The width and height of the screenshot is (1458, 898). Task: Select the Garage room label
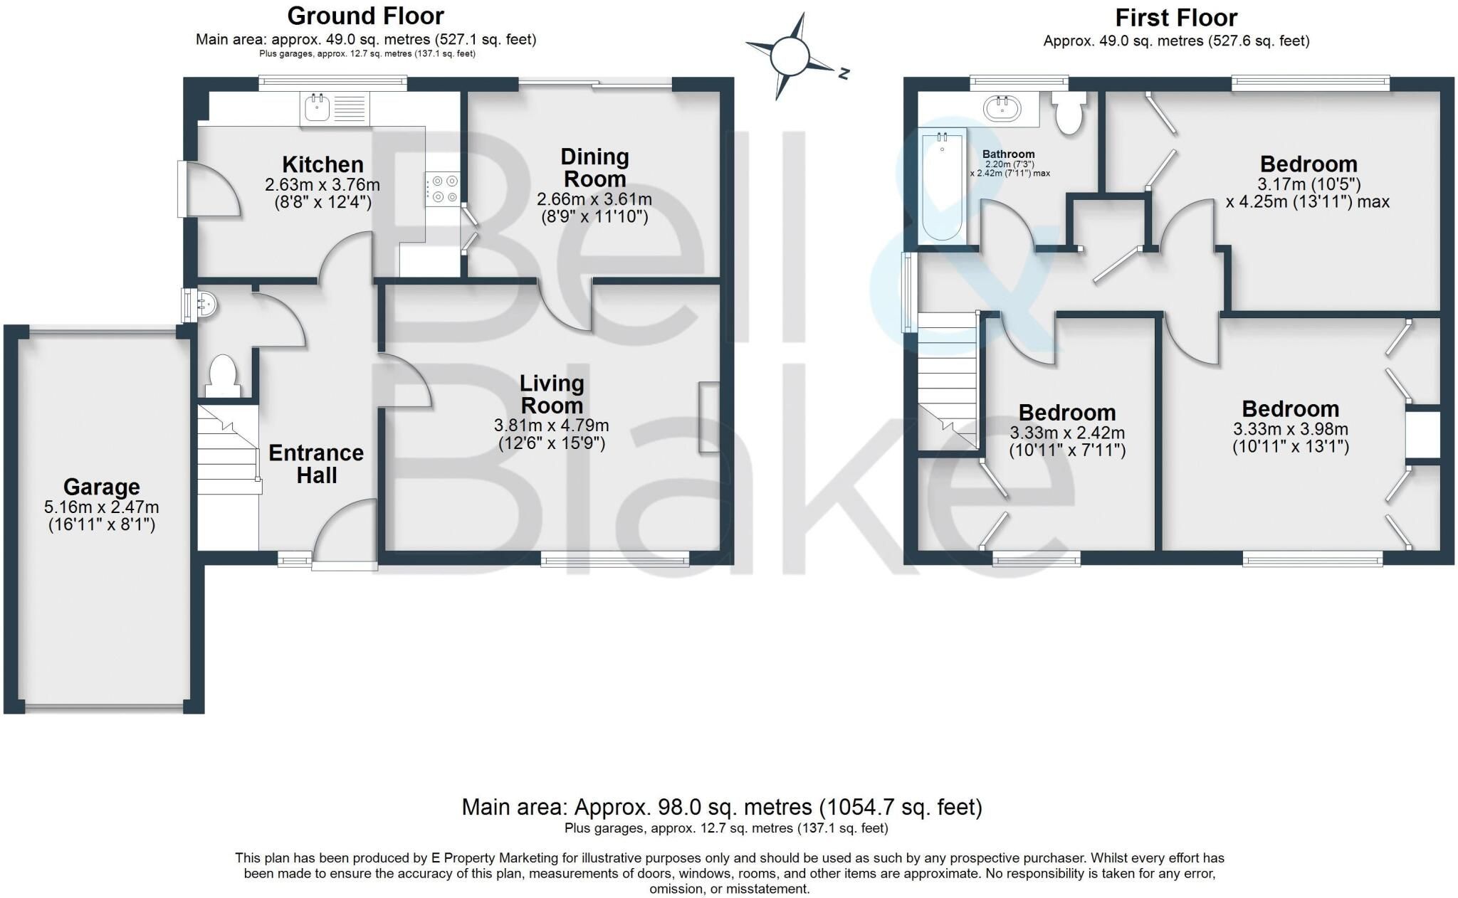click(101, 487)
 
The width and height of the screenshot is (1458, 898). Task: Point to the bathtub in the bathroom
click(942, 186)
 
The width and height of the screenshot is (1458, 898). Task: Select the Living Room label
click(552, 394)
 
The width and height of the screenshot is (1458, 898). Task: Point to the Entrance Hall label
click(316, 464)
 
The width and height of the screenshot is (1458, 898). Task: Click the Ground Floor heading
click(366, 16)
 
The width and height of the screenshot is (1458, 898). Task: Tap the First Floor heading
click(1176, 17)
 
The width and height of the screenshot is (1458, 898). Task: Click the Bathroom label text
click(1009, 154)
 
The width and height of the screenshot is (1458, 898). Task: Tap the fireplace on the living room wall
click(708, 417)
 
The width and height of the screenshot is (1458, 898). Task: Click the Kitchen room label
click(322, 165)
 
